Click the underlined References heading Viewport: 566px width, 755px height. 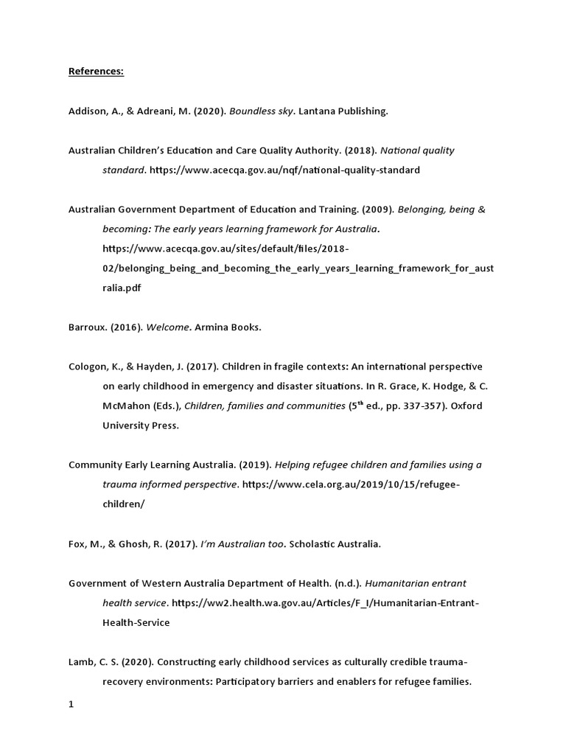[96, 72]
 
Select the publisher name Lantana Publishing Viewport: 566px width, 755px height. [343, 111]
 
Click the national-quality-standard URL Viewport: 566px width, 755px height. [284, 170]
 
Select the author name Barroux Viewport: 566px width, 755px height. [87, 327]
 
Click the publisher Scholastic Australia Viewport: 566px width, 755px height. [335, 544]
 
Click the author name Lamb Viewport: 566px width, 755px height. [81, 662]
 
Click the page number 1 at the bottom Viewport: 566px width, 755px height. [71, 704]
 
